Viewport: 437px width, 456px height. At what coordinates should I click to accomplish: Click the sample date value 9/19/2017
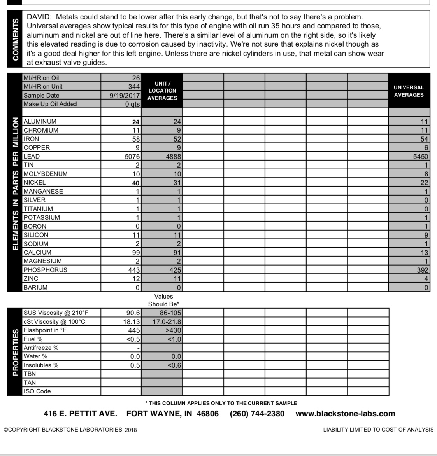coord(125,95)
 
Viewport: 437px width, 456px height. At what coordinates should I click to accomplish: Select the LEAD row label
coord(32,156)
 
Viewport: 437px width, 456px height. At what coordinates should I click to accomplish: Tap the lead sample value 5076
coord(132,156)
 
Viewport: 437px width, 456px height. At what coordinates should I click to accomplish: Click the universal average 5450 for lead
coord(420,156)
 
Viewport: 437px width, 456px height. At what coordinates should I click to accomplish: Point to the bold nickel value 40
coord(135,183)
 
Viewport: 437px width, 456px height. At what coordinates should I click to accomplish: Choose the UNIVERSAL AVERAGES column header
coord(409,91)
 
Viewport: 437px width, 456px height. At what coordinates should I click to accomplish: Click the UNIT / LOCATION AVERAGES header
coord(162,91)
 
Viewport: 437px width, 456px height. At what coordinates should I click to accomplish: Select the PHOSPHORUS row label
coord(45,270)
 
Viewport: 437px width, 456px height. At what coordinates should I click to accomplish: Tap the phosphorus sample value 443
coord(134,270)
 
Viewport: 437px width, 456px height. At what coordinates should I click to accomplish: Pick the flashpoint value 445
coord(134,330)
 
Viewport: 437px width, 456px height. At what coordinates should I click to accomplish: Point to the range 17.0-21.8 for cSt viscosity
coord(167,322)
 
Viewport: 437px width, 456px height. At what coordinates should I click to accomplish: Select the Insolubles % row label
coord(41,365)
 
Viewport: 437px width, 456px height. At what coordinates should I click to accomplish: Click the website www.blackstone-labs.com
coord(345,414)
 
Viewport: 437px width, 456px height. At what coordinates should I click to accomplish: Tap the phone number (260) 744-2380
coord(257,414)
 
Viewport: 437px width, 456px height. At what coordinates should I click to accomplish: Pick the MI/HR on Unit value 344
coord(134,87)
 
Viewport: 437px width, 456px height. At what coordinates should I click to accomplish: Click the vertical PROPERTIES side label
coord(15,352)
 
